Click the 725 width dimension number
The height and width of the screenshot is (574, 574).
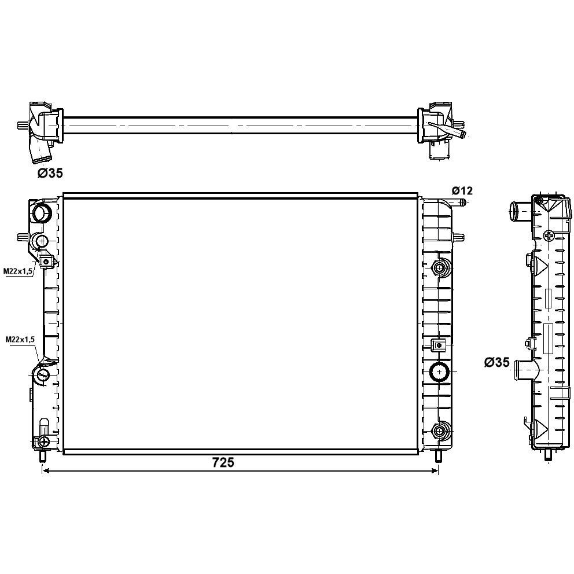223,462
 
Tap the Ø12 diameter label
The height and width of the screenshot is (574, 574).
462,190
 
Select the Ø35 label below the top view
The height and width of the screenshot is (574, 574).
50,173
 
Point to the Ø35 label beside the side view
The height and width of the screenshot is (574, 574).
496,362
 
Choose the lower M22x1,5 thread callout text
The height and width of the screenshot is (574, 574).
20,339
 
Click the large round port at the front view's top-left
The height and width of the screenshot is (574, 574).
42,212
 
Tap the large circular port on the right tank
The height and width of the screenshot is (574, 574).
439,372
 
